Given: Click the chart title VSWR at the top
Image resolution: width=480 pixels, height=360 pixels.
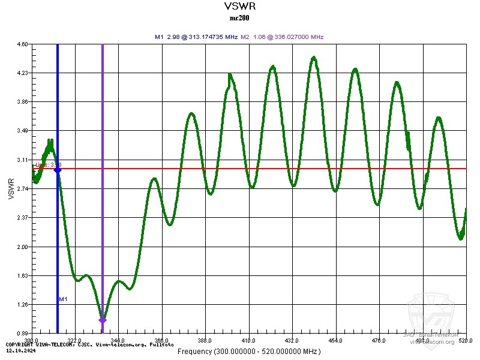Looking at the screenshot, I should point(239,7).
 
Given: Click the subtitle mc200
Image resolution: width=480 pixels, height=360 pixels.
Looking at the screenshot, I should point(239,18).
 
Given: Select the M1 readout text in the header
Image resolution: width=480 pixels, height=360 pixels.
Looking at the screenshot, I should point(196,37).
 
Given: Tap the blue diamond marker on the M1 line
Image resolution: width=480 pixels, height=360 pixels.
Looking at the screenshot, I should point(58,170).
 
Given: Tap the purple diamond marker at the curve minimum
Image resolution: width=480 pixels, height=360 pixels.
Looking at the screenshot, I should point(102,320).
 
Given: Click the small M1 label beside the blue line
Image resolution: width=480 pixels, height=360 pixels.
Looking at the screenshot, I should point(63,299).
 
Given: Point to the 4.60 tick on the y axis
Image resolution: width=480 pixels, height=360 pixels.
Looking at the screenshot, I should point(22,44).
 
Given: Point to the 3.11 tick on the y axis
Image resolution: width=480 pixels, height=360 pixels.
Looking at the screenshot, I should point(22,160).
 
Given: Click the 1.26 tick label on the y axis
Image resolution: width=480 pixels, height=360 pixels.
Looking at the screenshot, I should point(22,305).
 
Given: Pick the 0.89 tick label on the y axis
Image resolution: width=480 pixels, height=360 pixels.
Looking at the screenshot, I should point(22,334).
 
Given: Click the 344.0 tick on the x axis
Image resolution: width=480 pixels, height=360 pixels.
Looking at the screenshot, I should point(118,340).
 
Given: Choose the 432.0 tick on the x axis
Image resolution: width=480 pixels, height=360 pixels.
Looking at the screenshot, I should point(292,340).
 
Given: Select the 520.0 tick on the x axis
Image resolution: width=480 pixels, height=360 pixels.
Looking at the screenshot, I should point(466,340).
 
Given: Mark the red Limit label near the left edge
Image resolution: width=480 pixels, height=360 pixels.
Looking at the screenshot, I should point(48,164).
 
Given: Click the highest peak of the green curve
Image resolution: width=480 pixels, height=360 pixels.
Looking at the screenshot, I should point(314,58).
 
